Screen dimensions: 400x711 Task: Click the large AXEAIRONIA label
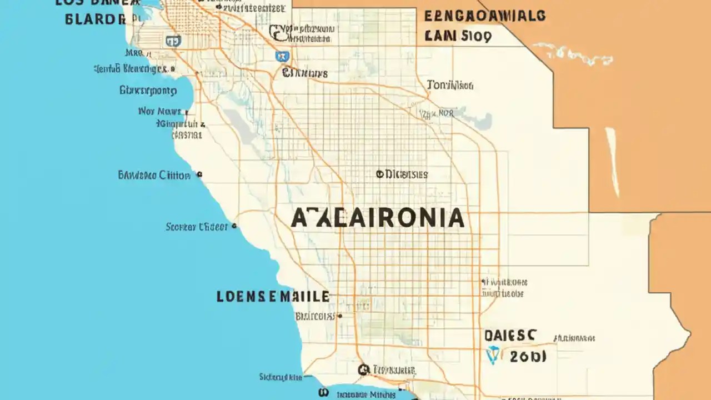(x=378, y=218)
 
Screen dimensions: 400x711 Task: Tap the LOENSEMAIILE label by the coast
(x=273, y=296)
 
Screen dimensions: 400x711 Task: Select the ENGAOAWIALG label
(x=484, y=16)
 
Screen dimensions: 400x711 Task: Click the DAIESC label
(x=510, y=335)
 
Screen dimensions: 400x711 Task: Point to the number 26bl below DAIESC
(x=527, y=356)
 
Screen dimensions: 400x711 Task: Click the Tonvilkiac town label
(x=450, y=85)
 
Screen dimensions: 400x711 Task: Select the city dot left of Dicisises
(x=379, y=174)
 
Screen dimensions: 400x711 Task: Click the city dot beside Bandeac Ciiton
(x=199, y=175)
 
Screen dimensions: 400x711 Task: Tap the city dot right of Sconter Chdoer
(x=234, y=227)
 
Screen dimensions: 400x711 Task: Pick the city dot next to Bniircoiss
(x=340, y=316)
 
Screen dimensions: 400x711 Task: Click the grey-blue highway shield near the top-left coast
(x=173, y=40)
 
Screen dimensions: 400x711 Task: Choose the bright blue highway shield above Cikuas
(x=282, y=56)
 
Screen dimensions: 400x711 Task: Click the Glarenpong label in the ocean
(x=148, y=90)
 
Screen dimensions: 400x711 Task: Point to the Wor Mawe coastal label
(x=159, y=111)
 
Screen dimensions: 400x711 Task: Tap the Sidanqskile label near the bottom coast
(x=281, y=377)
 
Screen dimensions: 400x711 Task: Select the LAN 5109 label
(x=458, y=37)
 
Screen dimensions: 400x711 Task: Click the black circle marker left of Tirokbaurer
(x=364, y=369)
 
